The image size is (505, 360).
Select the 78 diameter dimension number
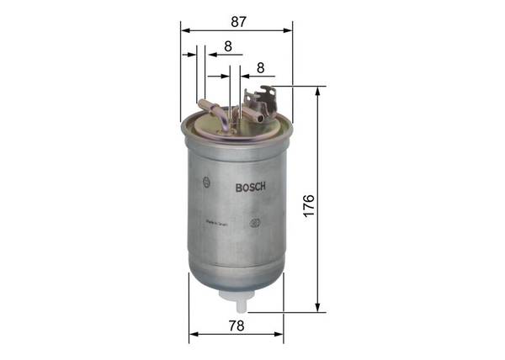click(x=237, y=326)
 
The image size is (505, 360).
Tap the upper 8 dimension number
click(x=228, y=47)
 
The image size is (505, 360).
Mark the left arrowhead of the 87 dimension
click(x=183, y=30)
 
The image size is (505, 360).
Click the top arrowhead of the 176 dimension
click(x=317, y=90)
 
